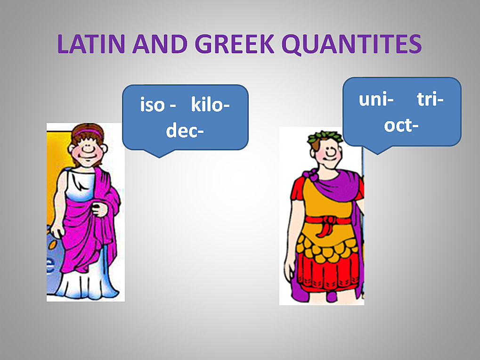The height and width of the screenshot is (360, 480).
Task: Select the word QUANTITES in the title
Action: click(x=352, y=44)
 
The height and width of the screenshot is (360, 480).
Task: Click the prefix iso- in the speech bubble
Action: click(x=158, y=105)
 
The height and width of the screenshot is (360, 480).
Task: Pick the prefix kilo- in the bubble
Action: click(x=210, y=104)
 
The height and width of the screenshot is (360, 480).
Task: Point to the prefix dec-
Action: click(x=185, y=130)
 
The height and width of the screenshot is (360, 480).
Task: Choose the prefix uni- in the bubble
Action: click(x=376, y=99)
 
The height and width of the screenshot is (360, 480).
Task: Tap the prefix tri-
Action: click(x=430, y=99)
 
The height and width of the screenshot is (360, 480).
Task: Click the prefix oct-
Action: click(x=401, y=125)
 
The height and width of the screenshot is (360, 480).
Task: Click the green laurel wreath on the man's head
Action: click(x=325, y=137)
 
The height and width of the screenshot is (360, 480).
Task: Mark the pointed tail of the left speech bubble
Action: click(x=160, y=157)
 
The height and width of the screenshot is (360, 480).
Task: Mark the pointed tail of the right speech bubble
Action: click(x=377, y=154)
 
